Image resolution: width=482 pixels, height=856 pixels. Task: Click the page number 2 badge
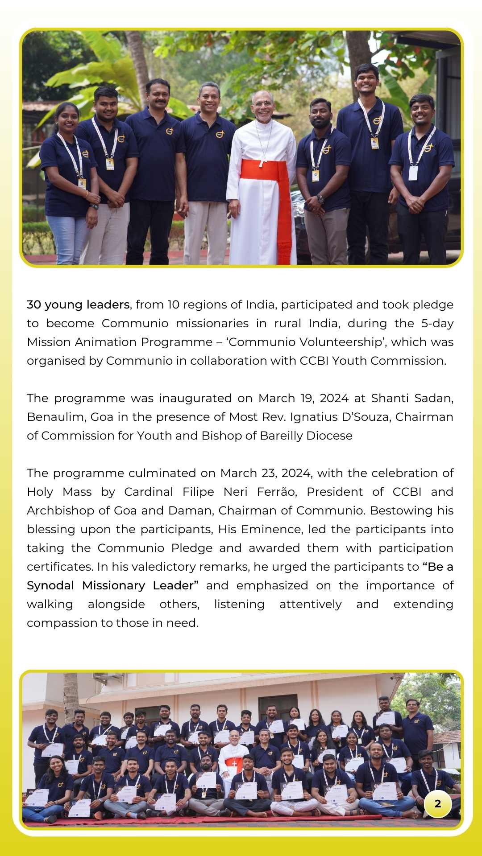point(437,803)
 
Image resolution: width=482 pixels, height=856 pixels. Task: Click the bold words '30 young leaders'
point(78,305)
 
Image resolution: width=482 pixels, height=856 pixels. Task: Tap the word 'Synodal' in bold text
point(50,586)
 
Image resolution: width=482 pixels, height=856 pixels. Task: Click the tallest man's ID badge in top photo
point(375,143)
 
